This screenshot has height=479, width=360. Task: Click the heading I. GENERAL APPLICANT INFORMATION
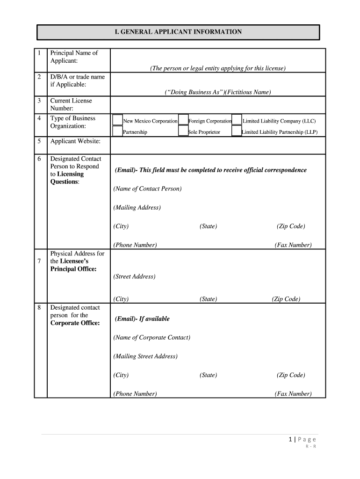pyautogui.click(x=179, y=32)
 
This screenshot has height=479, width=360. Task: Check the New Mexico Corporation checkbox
pyautogui.click(x=117, y=120)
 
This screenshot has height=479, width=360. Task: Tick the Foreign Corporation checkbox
pyautogui.click(x=184, y=120)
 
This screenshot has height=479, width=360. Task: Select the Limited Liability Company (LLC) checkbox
pyautogui.click(x=237, y=120)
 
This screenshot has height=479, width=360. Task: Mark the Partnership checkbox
pyautogui.click(x=117, y=131)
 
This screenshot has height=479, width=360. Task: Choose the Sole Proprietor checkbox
pyautogui.click(x=184, y=131)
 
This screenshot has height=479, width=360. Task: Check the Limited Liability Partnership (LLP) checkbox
pyautogui.click(x=237, y=131)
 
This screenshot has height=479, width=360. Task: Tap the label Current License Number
pyautogui.click(x=71, y=104)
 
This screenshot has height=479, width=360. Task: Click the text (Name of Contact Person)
pyautogui.click(x=147, y=189)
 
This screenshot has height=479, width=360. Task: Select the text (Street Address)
pyautogui.click(x=134, y=276)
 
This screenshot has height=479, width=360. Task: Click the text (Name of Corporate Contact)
pyautogui.click(x=151, y=337)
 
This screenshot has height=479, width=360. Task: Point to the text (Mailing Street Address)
pyautogui.click(x=145, y=356)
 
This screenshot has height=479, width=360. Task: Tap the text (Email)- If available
pyautogui.click(x=142, y=319)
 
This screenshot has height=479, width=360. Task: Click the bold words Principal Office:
pyautogui.click(x=73, y=269)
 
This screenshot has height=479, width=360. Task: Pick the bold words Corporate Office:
pyautogui.click(x=75, y=323)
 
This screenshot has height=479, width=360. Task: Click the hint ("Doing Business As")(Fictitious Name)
pyautogui.click(x=217, y=92)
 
